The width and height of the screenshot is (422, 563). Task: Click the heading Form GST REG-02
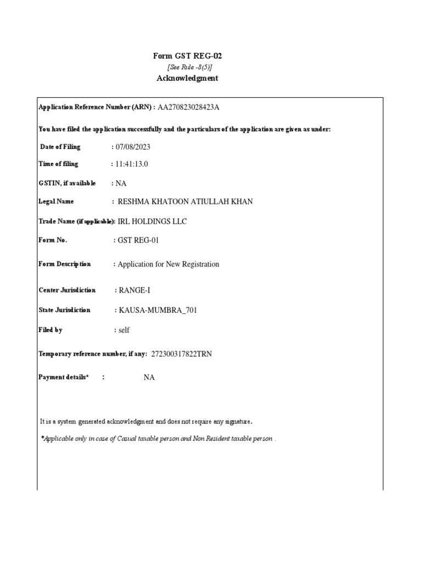tap(187, 56)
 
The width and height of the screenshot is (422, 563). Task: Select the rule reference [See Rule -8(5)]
tap(190, 67)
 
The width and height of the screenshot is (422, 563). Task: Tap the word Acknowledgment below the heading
tap(187, 78)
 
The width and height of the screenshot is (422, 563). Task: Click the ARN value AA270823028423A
tap(192, 107)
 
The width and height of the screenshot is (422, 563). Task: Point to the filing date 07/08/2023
tap(133, 147)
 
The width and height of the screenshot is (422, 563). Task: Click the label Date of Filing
tap(60, 147)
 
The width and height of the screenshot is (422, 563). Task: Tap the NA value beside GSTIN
tap(121, 183)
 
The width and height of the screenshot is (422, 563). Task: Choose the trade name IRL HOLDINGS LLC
tap(152, 222)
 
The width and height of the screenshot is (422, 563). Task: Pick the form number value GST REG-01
tap(138, 240)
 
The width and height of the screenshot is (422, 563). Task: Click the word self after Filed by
tap(124, 330)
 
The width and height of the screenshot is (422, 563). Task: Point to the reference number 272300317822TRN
tap(181, 354)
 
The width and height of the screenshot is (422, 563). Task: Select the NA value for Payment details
tap(149, 377)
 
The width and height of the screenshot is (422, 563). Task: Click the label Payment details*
tap(63, 377)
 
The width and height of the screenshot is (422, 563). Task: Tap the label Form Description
tap(65, 264)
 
